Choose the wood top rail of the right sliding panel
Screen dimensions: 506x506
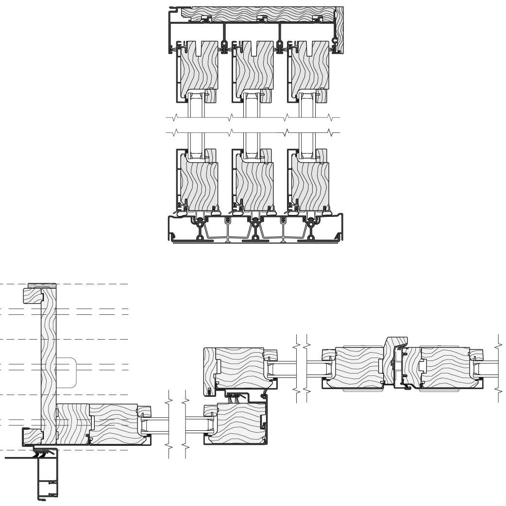click(x=309, y=68)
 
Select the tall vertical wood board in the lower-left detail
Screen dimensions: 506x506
click(x=49, y=359)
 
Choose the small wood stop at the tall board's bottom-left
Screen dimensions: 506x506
click(x=31, y=434)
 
